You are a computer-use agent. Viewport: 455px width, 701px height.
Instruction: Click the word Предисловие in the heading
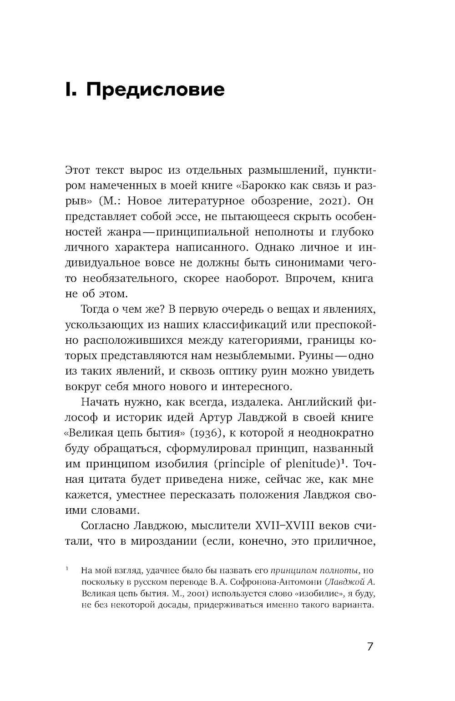tap(155, 90)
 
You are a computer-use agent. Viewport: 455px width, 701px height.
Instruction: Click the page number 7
tap(369, 646)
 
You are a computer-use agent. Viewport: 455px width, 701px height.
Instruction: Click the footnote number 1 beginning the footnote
tap(67, 569)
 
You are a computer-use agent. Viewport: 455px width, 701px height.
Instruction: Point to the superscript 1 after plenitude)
tap(344, 461)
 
